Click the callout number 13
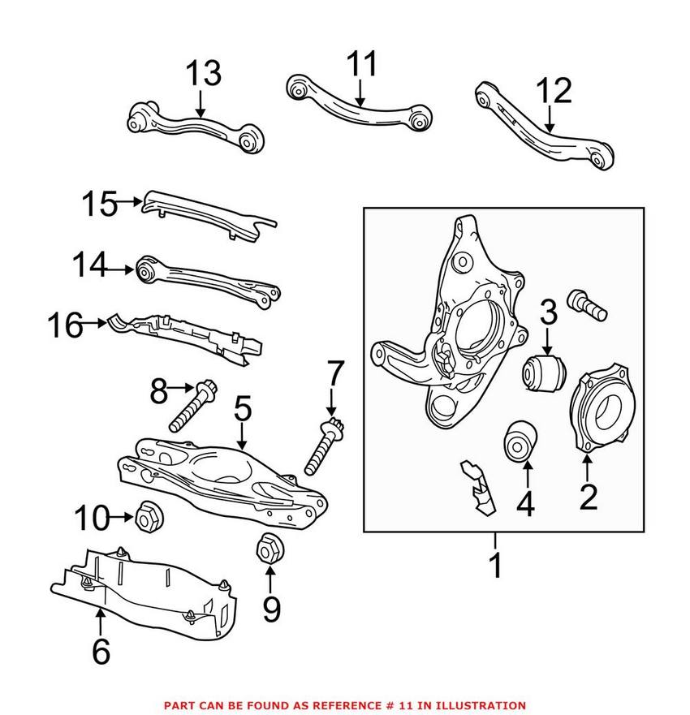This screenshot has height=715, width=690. [x=203, y=74]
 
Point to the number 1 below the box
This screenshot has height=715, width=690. [x=495, y=565]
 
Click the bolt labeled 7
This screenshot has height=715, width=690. [x=324, y=446]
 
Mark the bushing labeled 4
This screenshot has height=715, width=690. [x=520, y=441]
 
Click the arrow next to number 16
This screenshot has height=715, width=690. [x=96, y=326]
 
